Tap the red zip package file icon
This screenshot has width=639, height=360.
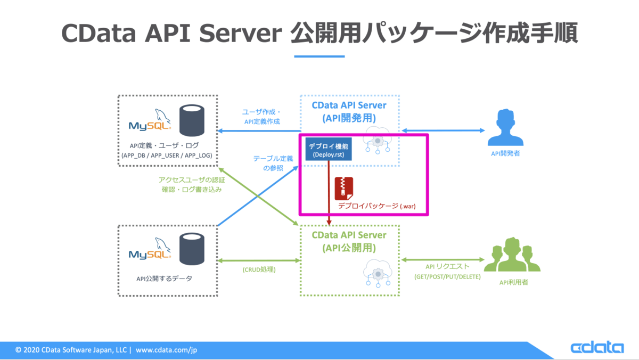342,189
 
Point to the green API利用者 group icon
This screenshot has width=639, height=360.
512,256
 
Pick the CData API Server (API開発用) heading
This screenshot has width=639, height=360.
349,112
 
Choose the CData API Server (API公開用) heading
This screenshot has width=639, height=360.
349,241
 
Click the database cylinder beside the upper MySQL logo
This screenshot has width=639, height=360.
193,121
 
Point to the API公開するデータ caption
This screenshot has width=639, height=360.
164,278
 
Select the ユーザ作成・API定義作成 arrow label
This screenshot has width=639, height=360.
261,116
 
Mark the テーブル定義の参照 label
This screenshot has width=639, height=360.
273,163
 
